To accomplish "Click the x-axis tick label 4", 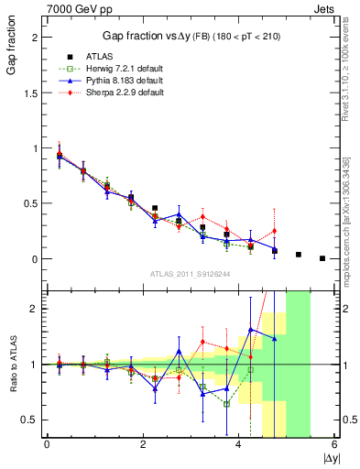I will point(239,444).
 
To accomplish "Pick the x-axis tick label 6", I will point(334,444).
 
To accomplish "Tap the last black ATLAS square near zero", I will point(322,258).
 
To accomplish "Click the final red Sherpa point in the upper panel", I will point(274,231).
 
